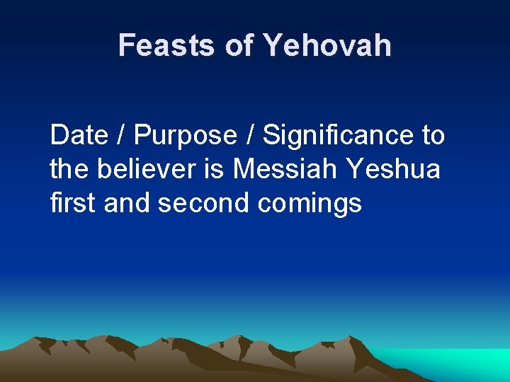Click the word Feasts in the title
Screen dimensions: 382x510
166,45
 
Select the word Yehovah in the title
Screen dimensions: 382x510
327,45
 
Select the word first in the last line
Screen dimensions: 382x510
74,203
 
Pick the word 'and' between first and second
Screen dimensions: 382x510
128,203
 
